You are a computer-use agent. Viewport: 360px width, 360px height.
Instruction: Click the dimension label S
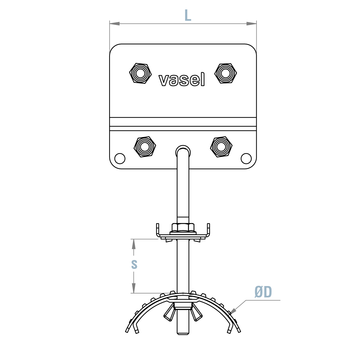point(134,264)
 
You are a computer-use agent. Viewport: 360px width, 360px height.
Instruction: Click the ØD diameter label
point(263,292)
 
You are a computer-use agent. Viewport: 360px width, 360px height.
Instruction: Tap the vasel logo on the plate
point(182,79)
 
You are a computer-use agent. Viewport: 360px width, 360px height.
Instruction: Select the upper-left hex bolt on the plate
point(140,73)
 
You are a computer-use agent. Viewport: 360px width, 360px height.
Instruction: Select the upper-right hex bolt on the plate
point(225,73)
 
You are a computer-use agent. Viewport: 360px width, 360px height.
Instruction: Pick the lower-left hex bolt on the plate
point(145,147)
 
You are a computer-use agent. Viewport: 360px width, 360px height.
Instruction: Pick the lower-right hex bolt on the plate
point(221,147)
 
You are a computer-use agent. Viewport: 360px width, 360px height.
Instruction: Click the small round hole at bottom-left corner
point(120,159)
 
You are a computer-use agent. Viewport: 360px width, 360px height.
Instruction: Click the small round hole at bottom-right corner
point(246,159)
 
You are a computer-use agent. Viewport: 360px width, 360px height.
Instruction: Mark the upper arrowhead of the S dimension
point(134,243)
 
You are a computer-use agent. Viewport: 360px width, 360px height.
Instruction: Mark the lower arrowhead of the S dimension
point(134,289)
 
